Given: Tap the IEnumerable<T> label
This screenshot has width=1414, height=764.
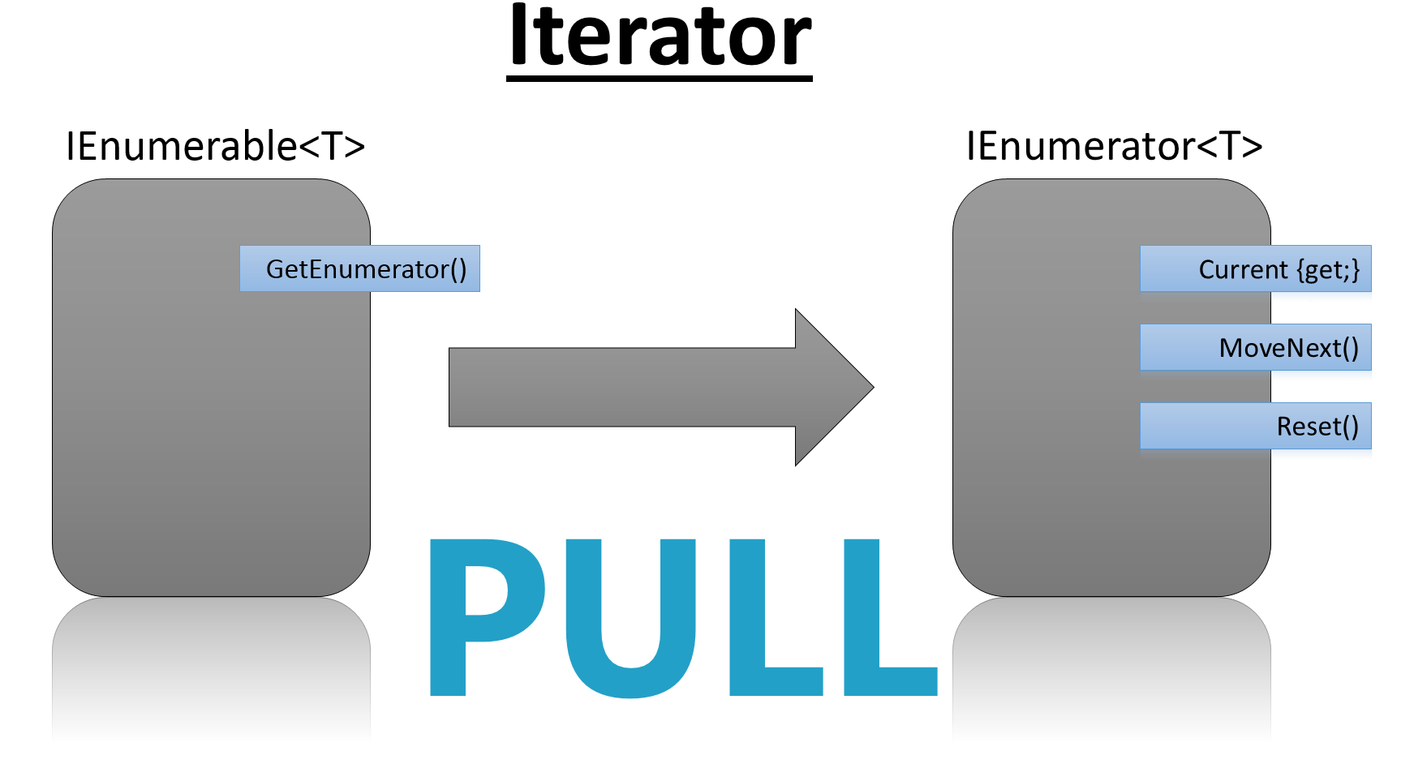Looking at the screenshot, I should (x=215, y=147).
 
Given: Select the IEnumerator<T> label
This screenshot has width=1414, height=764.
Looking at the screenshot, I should (x=1114, y=147).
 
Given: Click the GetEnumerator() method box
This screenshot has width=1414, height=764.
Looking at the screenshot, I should (x=359, y=268).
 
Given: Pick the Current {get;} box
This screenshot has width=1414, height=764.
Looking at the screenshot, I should (x=1255, y=268).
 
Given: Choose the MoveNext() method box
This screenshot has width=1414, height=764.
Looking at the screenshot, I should (x=1255, y=347).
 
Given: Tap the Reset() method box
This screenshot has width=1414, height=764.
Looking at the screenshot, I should (x=1255, y=426).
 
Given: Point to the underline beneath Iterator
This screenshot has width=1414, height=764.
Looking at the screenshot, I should (x=660, y=78).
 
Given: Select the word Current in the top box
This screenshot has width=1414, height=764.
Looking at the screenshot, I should (x=1243, y=269).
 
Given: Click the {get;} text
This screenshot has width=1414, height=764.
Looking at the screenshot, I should (x=1328, y=269).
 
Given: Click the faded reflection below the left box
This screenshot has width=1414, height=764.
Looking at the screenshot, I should (x=211, y=665).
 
